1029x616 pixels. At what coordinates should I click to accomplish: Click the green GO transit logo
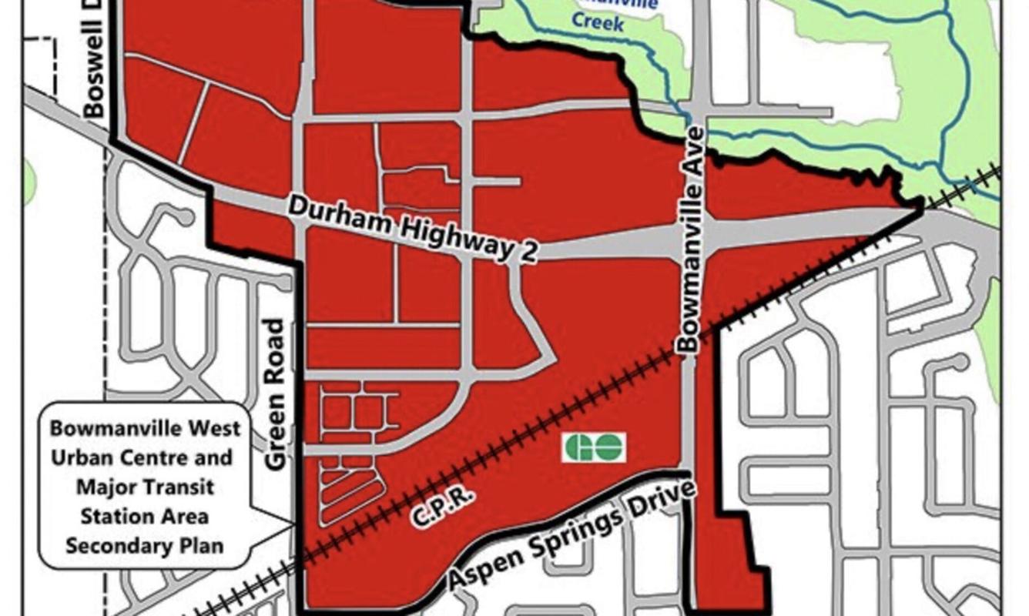tap(593, 447)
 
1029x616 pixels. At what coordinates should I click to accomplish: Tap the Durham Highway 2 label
tap(413, 229)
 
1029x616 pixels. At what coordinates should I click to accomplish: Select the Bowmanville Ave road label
tap(689, 239)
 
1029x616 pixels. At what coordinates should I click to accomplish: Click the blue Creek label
tap(597, 24)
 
